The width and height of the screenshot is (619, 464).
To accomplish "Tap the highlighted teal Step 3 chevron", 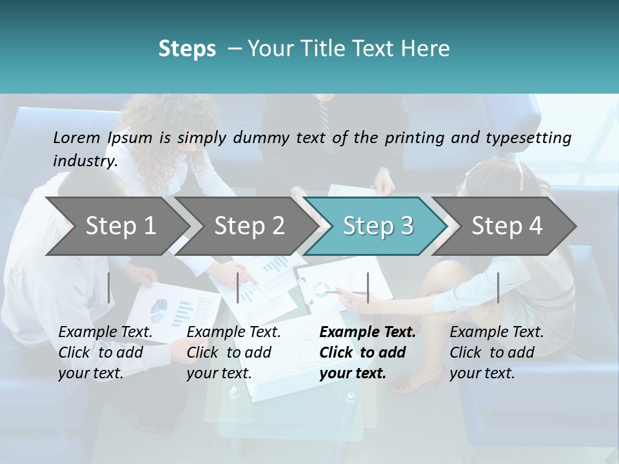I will pyautogui.click(x=378, y=226).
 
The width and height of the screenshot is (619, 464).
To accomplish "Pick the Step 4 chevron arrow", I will pyautogui.click(x=507, y=226).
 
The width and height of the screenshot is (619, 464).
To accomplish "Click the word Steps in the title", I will pyautogui.click(x=187, y=49).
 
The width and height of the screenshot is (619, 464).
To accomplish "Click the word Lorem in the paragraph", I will pyautogui.click(x=76, y=137).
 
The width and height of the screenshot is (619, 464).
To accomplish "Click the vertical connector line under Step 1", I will pyautogui.click(x=109, y=287).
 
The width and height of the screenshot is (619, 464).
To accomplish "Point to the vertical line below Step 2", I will pyautogui.click(x=238, y=287).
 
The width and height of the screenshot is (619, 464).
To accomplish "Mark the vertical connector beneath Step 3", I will pyautogui.click(x=368, y=287).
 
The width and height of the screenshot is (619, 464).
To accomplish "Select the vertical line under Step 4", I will pyautogui.click(x=498, y=287).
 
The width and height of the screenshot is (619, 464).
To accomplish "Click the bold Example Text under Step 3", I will pyautogui.click(x=368, y=333).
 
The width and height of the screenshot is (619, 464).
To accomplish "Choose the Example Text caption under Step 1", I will pyautogui.click(x=106, y=333).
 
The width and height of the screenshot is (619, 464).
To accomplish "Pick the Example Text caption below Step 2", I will pyautogui.click(x=234, y=333).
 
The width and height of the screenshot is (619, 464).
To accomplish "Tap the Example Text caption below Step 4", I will pyautogui.click(x=496, y=333).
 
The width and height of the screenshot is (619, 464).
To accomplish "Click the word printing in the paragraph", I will pyautogui.click(x=413, y=137).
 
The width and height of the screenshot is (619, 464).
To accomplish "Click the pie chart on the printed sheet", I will pyautogui.click(x=159, y=310).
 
